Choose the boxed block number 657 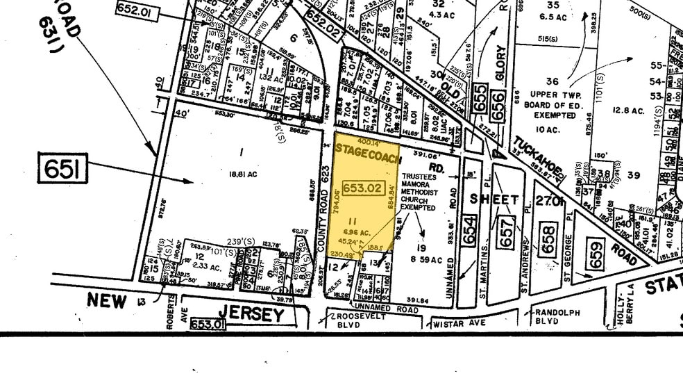point(508,229)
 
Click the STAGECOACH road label point(367,150)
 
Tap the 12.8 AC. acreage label point(629,111)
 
